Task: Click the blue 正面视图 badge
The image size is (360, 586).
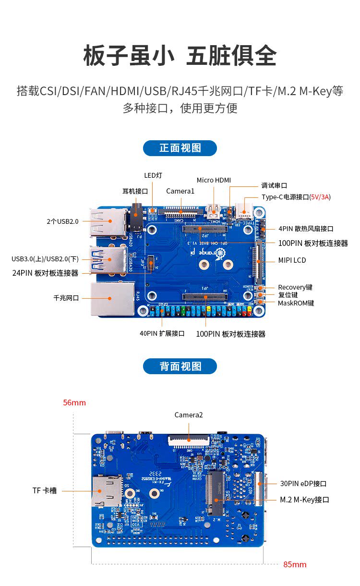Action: (180, 148)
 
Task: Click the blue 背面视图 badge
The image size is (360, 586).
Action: (180, 366)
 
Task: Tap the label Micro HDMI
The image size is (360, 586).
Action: (214, 180)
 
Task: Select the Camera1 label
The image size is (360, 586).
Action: (180, 191)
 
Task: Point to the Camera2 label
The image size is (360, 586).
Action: (189, 415)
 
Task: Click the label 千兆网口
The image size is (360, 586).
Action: (66, 298)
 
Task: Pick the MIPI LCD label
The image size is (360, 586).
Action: (292, 260)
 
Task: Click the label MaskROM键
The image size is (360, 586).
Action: (296, 303)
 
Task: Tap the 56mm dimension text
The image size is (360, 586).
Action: (74, 403)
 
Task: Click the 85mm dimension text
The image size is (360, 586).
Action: (295, 564)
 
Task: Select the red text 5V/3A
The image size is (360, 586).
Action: (320, 197)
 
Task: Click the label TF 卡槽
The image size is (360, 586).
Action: (45, 490)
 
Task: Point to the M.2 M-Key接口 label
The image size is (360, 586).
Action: (304, 500)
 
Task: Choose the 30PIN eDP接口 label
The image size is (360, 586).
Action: (303, 484)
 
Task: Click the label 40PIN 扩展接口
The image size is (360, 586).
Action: (162, 333)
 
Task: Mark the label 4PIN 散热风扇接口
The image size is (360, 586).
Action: (306, 229)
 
